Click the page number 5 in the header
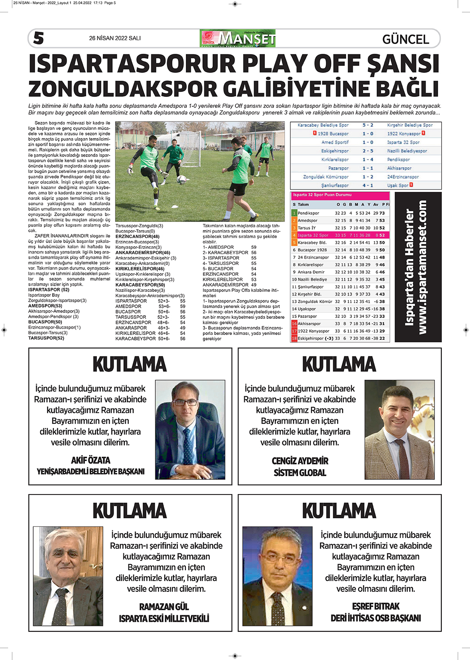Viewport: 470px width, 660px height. [x=39, y=39]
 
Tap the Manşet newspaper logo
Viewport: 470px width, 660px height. [x=237, y=39]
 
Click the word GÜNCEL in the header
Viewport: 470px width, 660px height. [x=405, y=39]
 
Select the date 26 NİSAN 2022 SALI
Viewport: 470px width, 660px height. [x=115, y=39]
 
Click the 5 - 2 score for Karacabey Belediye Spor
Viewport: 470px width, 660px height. [x=368, y=125]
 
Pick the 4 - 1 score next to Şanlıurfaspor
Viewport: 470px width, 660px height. [x=368, y=185]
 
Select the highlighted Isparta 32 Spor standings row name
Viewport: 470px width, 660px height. [x=313, y=235]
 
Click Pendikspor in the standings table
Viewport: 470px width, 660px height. [x=308, y=213]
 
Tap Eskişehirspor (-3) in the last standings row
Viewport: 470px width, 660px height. [x=315, y=338]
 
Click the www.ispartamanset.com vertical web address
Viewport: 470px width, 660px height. [x=422, y=267]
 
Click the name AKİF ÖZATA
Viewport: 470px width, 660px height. [x=91, y=460]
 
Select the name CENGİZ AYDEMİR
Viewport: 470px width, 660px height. [x=300, y=461]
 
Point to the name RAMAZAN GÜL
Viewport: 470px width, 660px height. [x=164, y=607]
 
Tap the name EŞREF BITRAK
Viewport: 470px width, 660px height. [x=376, y=606]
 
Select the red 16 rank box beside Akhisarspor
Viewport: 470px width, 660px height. [x=294, y=323]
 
